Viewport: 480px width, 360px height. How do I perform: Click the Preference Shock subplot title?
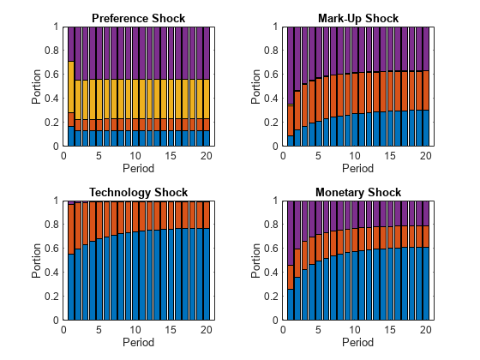(x=138, y=18)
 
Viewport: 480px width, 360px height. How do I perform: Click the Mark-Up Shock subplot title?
(x=357, y=18)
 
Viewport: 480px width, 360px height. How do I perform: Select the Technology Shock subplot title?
(x=138, y=192)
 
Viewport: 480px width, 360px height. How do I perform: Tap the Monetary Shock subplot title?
(x=357, y=192)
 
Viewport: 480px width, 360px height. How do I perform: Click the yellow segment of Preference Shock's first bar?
(x=70, y=87)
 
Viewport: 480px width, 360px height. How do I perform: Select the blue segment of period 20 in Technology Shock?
(x=206, y=273)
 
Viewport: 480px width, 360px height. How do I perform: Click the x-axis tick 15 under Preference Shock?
(x=171, y=155)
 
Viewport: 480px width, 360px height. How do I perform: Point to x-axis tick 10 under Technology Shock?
(x=135, y=329)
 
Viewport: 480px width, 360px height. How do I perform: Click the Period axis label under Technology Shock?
(x=138, y=341)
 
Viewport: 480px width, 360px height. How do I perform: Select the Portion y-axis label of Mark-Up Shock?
(x=256, y=87)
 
